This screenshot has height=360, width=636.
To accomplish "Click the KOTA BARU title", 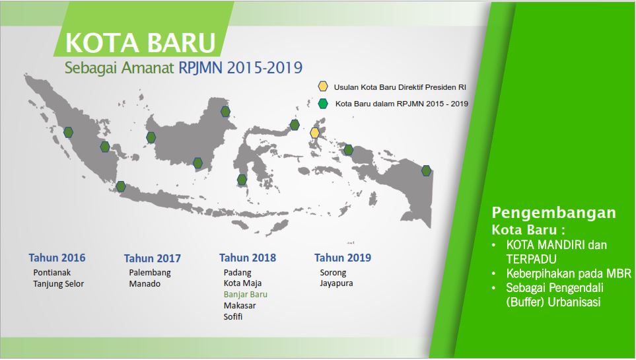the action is (x=140, y=43).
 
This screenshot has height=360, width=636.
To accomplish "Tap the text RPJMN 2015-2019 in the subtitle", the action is (x=240, y=67).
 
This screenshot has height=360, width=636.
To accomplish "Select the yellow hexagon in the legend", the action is (x=323, y=86).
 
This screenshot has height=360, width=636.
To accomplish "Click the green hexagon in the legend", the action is (x=323, y=104).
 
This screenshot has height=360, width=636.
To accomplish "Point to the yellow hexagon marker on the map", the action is (x=315, y=133).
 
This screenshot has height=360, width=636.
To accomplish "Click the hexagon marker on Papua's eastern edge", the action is (x=426, y=170).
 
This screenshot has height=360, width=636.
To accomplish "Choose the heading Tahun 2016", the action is (x=57, y=258).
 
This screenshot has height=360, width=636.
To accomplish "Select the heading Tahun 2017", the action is (x=152, y=258).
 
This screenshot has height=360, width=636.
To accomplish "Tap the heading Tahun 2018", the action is (x=248, y=258).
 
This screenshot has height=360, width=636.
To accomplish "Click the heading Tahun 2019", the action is (x=343, y=258).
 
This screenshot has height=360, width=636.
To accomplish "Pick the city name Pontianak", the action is (x=52, y=272).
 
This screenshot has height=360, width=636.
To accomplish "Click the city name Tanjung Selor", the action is (x=58, y=284).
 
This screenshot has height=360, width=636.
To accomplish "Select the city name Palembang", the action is (x=150, y=273).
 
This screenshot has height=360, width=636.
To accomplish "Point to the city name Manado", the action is (x=145, y=283).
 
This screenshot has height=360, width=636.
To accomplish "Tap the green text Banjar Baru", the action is (x=246, y=295).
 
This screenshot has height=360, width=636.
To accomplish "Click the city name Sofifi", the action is (x=233, y=316).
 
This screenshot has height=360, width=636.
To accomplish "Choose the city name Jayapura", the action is (x=336, y=283).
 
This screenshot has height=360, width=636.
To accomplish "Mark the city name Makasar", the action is (x=240, y=306).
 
